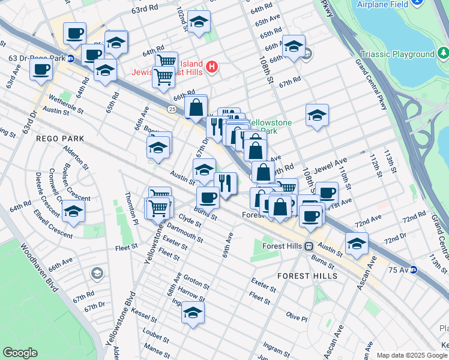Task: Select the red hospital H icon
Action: point(211,66)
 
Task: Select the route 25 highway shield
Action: point(172,109)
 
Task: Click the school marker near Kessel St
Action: point(193,313)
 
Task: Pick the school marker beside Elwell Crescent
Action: point(73,211)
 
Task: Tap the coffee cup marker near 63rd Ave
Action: point(41,68)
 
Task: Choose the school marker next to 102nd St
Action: point(199,22)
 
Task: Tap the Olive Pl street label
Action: point(297,316)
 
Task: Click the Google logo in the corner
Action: point(20,353)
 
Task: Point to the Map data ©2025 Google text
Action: point(412,355)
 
